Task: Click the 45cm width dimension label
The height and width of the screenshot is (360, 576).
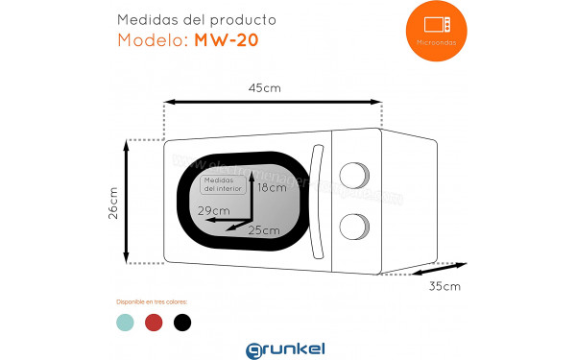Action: click(264, 88)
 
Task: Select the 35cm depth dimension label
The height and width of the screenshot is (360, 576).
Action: click(444, 286)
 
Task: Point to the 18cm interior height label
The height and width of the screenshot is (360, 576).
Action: click(273, 188)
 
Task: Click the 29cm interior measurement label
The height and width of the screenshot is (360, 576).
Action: click(214, 210)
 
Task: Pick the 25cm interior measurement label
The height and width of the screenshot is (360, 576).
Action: click(264, 230)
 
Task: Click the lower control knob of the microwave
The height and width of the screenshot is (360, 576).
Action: click(354, 227)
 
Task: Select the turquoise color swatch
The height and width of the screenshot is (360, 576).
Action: click(125, 322)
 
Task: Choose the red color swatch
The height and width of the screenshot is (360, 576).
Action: click(154, 322)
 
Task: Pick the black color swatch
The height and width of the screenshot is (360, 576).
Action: click(182, 322)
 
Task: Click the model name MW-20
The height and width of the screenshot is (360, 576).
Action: click(227, 40)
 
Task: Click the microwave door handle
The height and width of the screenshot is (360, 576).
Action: click(318, 201)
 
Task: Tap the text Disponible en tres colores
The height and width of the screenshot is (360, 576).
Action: click(152, 301)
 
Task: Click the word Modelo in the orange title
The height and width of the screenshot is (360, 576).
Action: click(154, 40)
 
